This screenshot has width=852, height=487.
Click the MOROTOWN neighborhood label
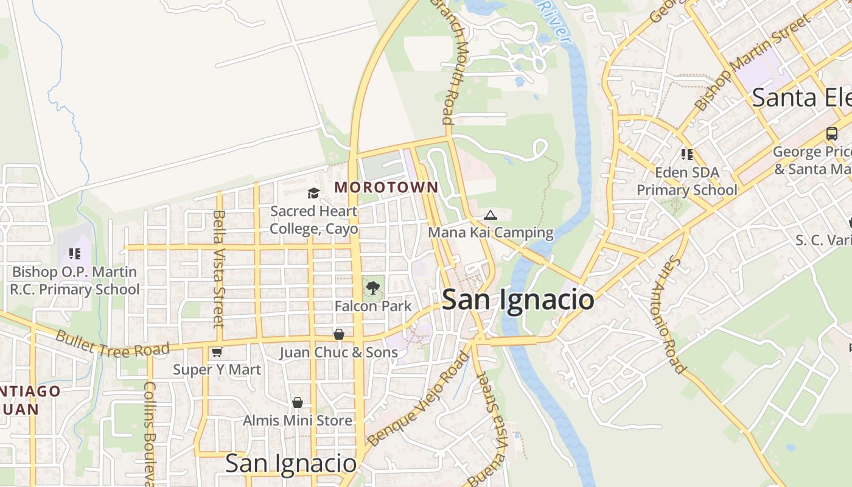(386, 187)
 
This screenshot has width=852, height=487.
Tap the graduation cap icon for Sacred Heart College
(313, 194)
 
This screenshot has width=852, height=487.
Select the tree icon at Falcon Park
(373, 287)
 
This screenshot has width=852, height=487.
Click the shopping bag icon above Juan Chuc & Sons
(339, 334)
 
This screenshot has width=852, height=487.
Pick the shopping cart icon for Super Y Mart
(217, 352)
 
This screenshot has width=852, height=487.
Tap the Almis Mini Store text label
(297, 421)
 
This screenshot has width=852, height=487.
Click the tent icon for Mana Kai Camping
(491, 215)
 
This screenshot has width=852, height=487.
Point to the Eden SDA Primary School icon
(687, 155)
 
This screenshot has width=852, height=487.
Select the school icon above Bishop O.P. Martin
(75, 254)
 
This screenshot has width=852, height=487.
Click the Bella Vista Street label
(220, 268)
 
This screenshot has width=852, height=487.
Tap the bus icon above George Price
(831, 134)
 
